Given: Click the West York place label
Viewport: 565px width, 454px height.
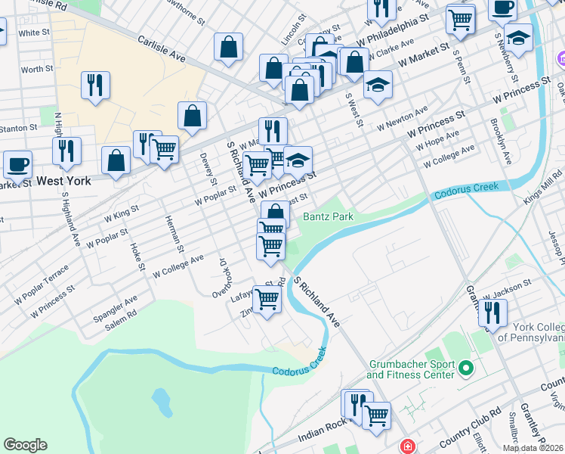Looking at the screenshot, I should point(63,182).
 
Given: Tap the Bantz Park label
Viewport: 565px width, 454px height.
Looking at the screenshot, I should point(328,216).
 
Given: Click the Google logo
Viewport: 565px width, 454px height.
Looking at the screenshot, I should point(25,445).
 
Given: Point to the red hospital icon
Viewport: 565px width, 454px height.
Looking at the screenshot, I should point(409,447).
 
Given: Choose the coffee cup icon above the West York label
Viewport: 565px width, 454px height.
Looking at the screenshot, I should point(17,164).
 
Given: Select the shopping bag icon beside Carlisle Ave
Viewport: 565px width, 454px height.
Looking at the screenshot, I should point(228,47).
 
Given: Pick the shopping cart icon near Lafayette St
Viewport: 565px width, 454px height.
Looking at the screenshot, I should point(267,299).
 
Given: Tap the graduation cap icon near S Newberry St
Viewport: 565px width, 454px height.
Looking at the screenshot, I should point(518,36).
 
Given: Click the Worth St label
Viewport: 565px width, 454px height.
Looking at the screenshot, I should point(36,69).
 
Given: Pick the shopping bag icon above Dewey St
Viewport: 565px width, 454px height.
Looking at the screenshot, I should point(193,116).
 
